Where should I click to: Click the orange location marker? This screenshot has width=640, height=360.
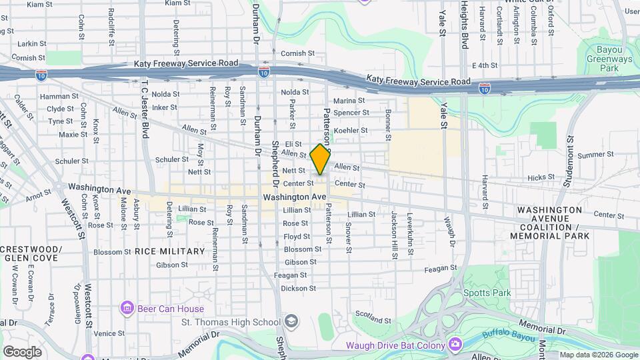[320, 159]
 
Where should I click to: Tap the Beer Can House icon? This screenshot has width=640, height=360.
[127, 308]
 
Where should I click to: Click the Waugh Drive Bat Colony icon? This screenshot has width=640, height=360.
[455, 344]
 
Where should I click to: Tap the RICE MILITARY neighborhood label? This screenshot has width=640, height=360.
[169, 251]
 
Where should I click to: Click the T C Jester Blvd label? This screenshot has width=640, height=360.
[144, 109]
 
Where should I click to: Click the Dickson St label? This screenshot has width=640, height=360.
[297, 289]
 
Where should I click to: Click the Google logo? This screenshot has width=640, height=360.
[22, 351]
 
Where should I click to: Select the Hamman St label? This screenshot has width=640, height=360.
[55, 97]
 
